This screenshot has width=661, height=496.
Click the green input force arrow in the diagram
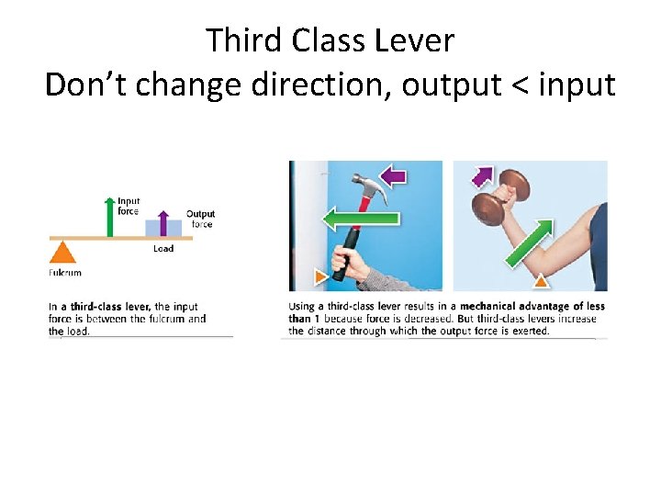coord(110,218)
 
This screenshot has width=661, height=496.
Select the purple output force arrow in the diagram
coord(163,223)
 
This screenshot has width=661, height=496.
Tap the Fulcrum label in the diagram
coord(64,273)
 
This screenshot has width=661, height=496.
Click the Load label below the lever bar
coord(163,249)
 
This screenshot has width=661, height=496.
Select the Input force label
coord(129,206)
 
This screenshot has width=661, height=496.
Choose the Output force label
coord(200,219)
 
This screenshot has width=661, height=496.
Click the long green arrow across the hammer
coord(360,219)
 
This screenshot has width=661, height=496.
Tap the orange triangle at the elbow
coord(543,281)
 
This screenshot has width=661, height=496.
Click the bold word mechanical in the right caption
coord(493,307)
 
